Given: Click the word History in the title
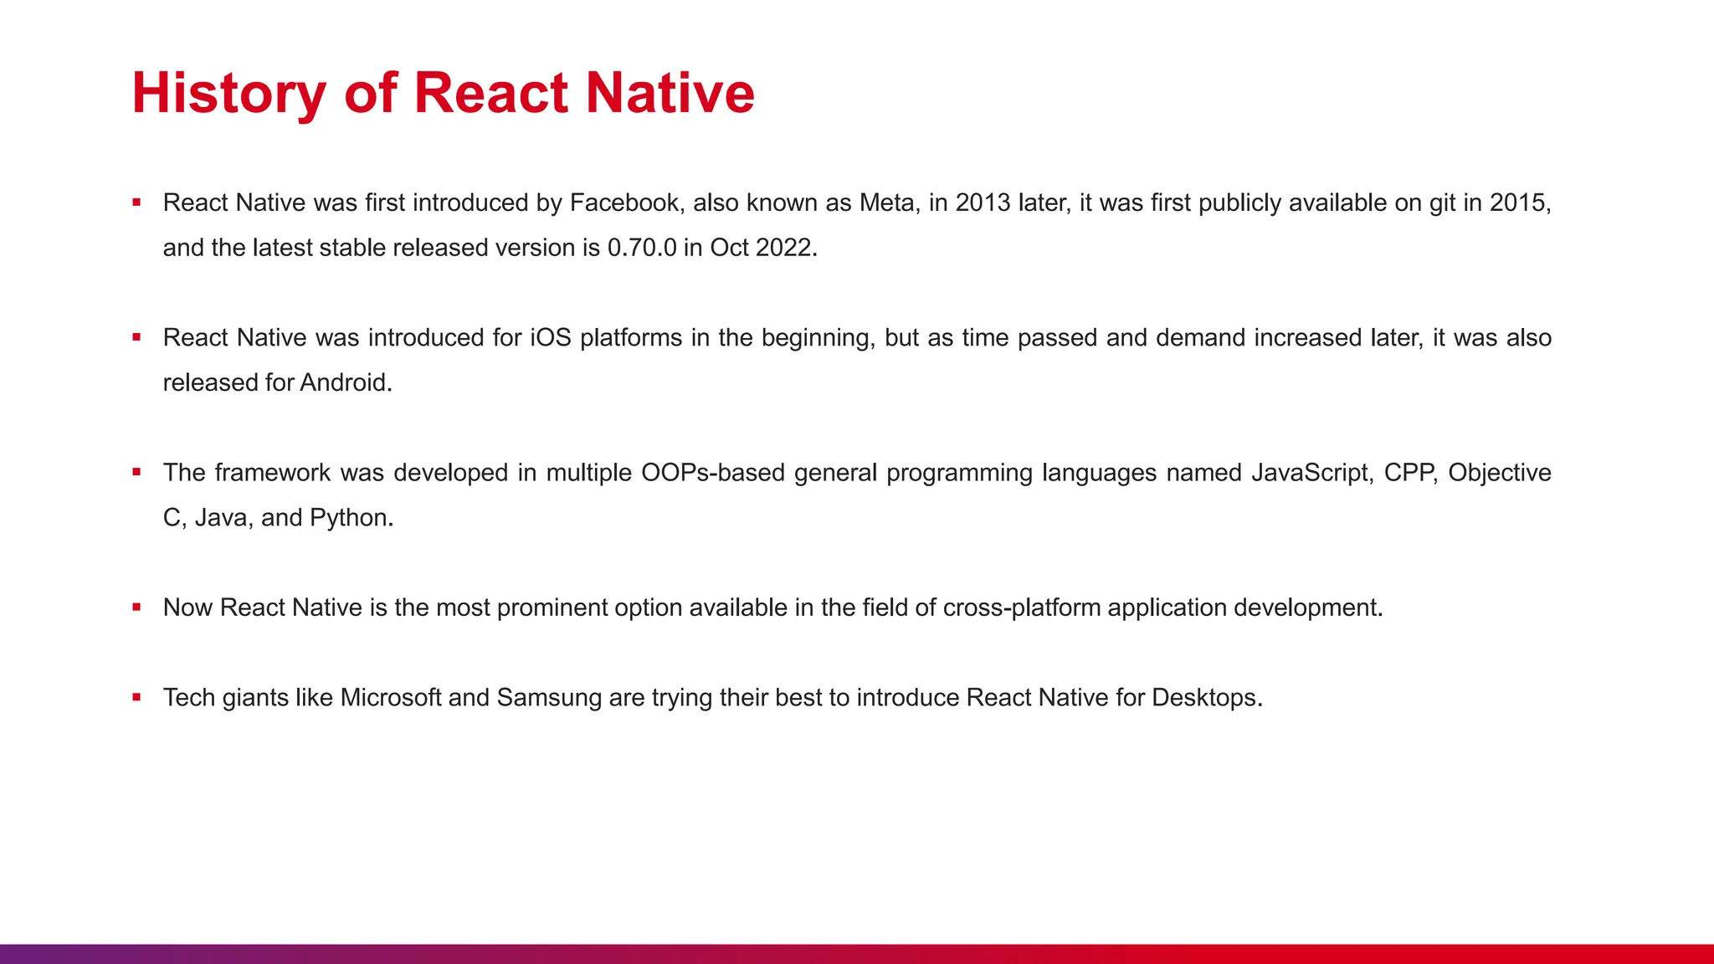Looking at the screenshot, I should (228, 93).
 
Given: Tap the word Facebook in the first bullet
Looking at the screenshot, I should (624, 203).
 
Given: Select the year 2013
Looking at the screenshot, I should (983, 203).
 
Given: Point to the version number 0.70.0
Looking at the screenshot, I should (642, 249).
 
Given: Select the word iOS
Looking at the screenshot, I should (551, 338).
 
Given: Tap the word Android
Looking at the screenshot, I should (346, 383).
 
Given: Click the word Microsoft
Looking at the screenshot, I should (390, 698).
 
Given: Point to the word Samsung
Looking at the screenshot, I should (549, 698).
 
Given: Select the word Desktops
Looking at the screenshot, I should (1206, 698).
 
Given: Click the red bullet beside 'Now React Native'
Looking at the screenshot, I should (136, 608).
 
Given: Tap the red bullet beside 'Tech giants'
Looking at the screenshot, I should (136, 697).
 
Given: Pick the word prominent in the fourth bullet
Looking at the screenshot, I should (552, 608).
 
